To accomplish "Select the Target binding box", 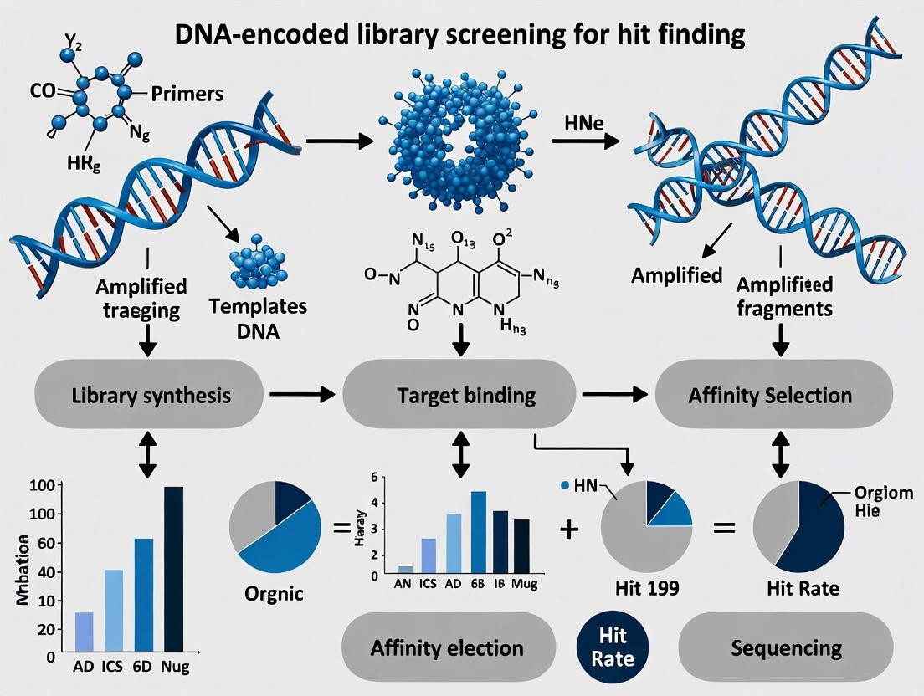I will click(460, 395).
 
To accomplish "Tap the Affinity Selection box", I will click(770, 395).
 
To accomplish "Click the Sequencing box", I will click(785, 647).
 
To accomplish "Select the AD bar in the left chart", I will click(85, 631).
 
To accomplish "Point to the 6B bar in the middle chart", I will click(479, 532).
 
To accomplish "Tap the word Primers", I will click(186, 94).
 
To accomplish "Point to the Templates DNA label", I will click(269, 318).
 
